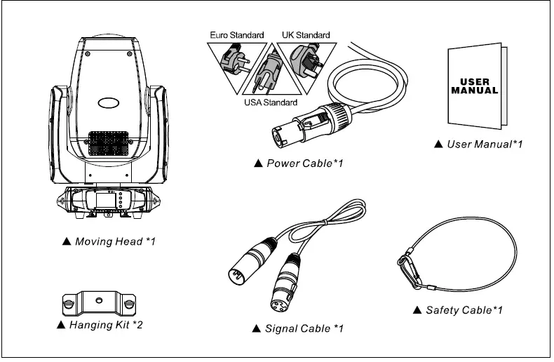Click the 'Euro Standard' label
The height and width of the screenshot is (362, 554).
(x=237, y=34)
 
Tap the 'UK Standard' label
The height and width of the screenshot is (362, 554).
(x=306, y=34)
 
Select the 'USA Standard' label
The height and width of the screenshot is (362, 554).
(x=270, y=103)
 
